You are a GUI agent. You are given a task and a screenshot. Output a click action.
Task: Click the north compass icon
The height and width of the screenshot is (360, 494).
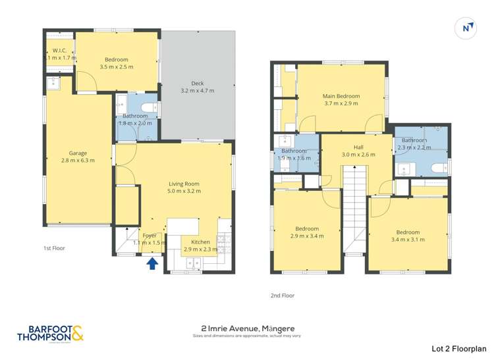click(x=466, y=28)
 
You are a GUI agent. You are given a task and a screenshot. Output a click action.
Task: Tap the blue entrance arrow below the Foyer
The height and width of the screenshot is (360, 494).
click(x=151, y=263)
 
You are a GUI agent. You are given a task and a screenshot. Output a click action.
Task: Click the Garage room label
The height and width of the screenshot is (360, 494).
click(x=78, y=153)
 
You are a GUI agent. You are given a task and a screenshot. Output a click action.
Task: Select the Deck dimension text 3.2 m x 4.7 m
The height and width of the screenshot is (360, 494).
click(x=198, y=91)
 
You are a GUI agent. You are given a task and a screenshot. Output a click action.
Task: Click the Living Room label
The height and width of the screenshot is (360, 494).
click(x=184, y=184)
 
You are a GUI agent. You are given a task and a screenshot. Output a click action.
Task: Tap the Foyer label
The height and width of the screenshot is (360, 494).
click(x=150, y=235)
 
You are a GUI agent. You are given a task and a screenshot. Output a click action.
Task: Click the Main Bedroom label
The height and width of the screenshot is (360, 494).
click(x=341, y=96)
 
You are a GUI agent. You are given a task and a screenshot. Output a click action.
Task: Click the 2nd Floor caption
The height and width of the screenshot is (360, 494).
click(x=283, y=296)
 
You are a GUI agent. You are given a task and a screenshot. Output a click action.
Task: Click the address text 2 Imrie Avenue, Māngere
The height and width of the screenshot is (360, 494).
click(x=247, y=328)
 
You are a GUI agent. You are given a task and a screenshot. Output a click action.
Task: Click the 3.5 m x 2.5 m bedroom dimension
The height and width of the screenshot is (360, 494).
click(x=116, y=67)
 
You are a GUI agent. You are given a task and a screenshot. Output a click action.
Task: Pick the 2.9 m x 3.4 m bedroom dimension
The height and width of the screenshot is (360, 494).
click(x=307, y=236)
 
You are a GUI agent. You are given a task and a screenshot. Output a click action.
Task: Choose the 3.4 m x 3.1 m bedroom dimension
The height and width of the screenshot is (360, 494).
click(x=408, y=239)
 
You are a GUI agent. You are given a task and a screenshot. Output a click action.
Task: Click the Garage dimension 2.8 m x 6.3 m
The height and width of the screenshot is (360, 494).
click(x=78, y=161)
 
